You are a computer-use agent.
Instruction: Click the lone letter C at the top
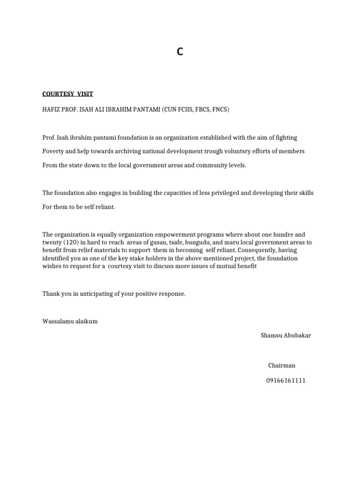tap(180, 52)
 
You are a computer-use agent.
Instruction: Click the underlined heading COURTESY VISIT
tap(67, 94)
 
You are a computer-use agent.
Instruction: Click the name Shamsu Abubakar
tap(285, 336)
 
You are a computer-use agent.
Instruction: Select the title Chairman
tap(282, 366)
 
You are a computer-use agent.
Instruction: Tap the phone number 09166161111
tap(286, 381)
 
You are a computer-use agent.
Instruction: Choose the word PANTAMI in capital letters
tap(144, 110)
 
